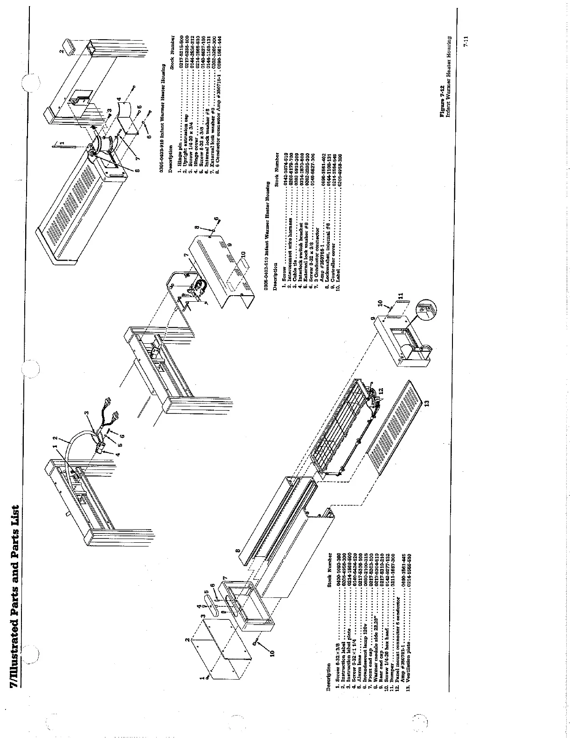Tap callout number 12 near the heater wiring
[381, 390]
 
